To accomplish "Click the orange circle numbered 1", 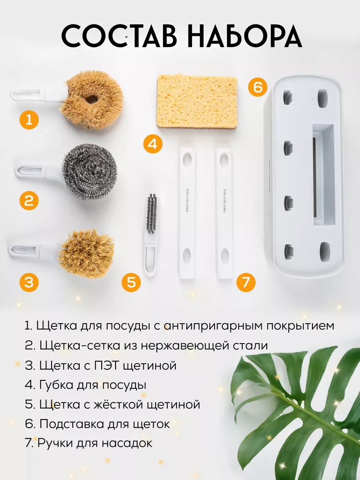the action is click(29, 120).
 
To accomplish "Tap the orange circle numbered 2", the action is click(29, 200).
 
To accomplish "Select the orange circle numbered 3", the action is click(29, 282).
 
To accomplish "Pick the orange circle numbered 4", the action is click(153, 144).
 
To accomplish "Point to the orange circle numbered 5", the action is click(131, 282).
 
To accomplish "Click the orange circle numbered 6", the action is click(258, 87).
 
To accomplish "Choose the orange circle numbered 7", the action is click(246, 282).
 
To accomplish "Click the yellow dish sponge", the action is click(197, 101).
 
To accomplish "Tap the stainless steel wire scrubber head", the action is click(89, 172).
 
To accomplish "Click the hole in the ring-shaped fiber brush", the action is click(91, 100).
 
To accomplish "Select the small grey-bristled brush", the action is click(151, 235).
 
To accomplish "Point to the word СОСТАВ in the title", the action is click(119, 36).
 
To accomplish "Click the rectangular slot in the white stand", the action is click(324, 174).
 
